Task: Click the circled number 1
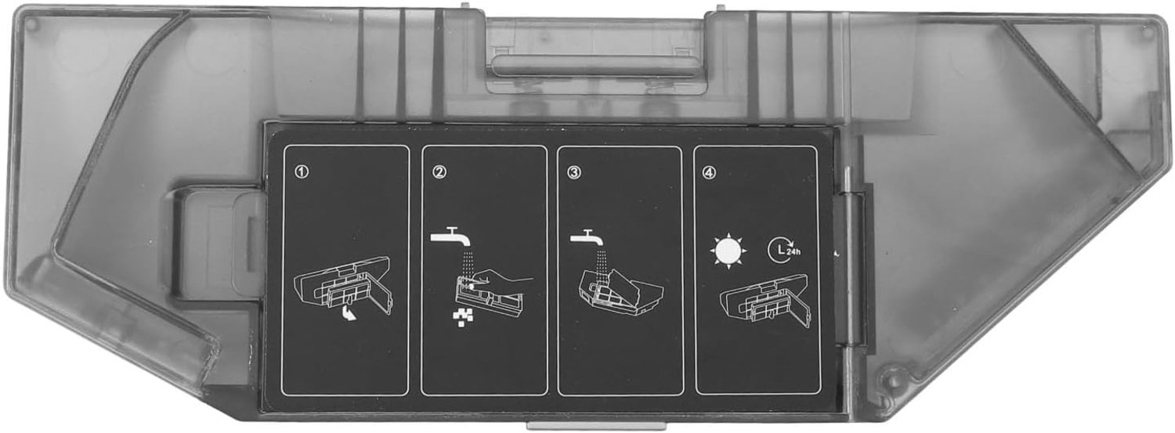(x=302, y=171)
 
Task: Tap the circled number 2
(x=439, y=171)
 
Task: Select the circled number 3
(x=574, y=172)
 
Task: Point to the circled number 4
(x=709, y=172)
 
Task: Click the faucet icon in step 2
(x=450, y=236)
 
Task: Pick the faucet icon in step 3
(x=587, y=238)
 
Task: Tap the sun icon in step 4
(x=728, y=251)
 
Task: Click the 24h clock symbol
(x=784, y=250)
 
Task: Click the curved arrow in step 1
(x=347, y=314)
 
